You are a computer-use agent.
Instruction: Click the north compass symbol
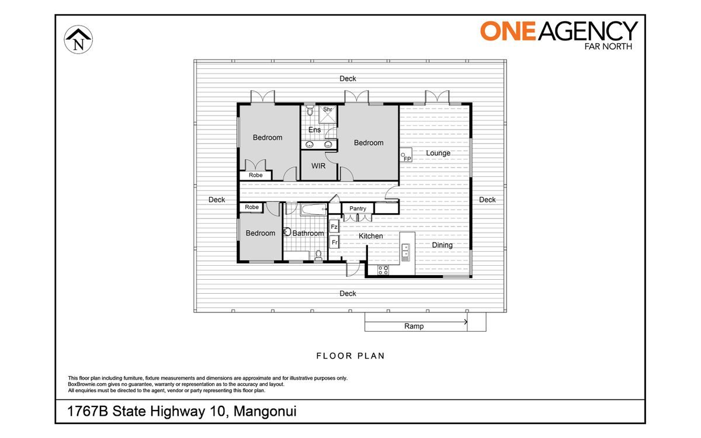[78, 40]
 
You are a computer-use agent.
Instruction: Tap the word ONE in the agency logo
[508, 31]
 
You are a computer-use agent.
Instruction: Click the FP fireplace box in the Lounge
[406, 155]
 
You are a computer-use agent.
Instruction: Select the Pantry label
[358, 208]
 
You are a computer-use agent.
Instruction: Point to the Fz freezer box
[334, 226]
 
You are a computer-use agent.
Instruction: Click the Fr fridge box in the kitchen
[334, 242]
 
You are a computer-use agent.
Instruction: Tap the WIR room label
[318, 166]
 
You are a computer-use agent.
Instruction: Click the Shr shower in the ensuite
[328, 114]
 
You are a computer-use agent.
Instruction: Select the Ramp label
[414, 326]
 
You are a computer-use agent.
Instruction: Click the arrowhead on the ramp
[466, 322]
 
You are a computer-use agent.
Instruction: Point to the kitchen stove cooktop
[383, 270]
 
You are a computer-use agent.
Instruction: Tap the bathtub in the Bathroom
[314, 209]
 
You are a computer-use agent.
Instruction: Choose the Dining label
[442, 245]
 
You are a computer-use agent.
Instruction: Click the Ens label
[314, 130]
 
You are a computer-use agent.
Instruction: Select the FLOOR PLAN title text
[350, 356]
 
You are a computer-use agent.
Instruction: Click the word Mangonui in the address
[265, 411]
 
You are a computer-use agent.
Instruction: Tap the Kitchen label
[370, 236]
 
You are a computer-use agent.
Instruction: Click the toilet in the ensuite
[310, 110]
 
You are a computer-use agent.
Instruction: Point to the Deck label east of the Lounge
[487, 200]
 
